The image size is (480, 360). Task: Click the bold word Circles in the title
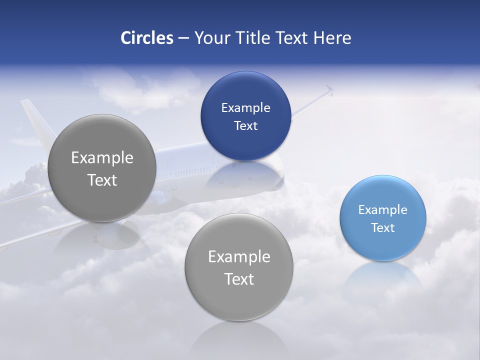click(x=146, y=37)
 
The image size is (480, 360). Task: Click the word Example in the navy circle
click(x=245, y=107)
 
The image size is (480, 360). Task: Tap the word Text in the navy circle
click(x=245, y=125)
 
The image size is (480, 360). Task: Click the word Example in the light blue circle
click(x=383, y=209)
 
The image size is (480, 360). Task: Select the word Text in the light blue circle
click(x=383, y=227)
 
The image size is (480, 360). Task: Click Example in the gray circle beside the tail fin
click(x=102, y=157)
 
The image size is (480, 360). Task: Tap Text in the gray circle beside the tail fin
click(x=102, y=180)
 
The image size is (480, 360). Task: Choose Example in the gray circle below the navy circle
click(x=239, y=256)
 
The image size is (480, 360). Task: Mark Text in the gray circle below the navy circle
click(x=239, y=279)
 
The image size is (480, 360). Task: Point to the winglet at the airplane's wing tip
click(x=328, y=90)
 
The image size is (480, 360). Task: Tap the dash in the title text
click(x=183, y=38)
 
